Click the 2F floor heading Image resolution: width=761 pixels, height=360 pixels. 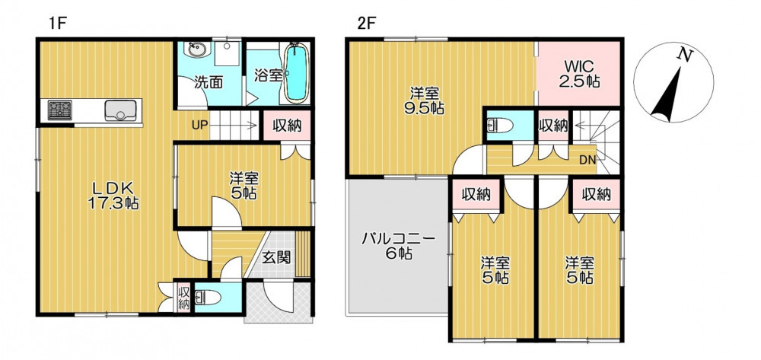[x=367, y=24]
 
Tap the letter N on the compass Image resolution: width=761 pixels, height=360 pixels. [x=685, y=56]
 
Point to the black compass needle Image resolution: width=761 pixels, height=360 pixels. [x=667, y=96]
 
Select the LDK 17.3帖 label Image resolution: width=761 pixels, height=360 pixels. [x=113, y=196]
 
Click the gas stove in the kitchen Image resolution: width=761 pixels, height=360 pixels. [x=59, y=110]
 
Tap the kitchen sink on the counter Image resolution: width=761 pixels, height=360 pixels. [x=120, y=110]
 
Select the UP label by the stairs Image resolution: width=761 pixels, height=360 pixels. [x=199, y=126]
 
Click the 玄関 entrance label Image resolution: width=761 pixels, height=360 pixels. [x=277, y=257]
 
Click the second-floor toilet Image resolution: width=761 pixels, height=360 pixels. [x=499, y=126]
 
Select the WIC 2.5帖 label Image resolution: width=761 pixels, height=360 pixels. [x=579, y=73]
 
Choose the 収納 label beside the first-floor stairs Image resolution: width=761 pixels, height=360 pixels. [x=287, y=126]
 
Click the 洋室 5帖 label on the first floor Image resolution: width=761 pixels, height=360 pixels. [x=244, y=186]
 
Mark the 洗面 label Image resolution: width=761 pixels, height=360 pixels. [x=209, y=82]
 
